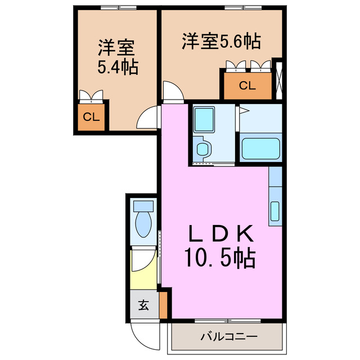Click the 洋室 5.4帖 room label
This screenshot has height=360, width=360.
[118, 56]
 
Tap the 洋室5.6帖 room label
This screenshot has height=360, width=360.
[220, 41]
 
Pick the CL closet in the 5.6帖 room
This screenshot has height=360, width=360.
[247, 86]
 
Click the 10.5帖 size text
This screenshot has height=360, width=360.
[220, 258]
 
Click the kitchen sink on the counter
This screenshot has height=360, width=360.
[274, 211]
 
